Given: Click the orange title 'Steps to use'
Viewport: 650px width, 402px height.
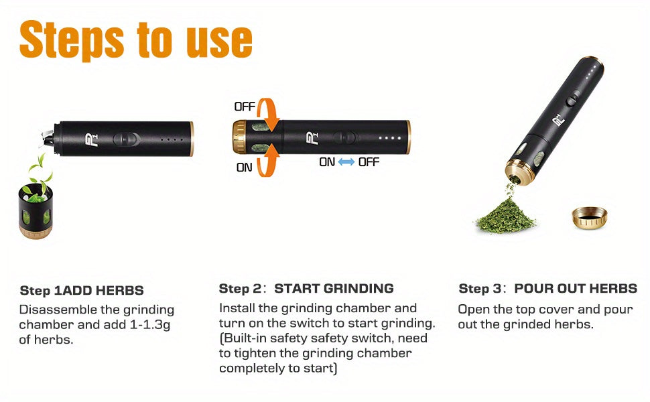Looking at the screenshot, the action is [x=135, y=40].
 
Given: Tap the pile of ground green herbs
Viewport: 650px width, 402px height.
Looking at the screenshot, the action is [x=505, y=216].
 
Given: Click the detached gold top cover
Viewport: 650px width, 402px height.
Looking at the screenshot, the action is [x=590, y=218].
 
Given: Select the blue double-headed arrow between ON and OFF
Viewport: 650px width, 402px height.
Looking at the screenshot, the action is [x=346, y=162].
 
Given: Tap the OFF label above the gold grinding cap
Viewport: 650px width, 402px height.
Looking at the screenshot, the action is [x=245, y=107].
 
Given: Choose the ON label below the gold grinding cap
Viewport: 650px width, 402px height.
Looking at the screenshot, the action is [x=244, y=167].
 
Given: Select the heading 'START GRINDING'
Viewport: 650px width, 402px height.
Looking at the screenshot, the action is [x=334, y=289].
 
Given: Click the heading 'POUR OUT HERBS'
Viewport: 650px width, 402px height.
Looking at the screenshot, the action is [x=576, y=289].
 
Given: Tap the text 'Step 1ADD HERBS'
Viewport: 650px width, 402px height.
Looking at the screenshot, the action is [x=82, y=290].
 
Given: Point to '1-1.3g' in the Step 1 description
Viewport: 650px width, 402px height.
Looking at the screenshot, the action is [x=149, y=324].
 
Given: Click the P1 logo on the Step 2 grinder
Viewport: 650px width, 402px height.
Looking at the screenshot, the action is [x=312, y=137].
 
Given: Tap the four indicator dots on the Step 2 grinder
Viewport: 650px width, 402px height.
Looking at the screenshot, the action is [x=390, y=138].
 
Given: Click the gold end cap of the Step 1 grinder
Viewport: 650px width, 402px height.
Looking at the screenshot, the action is [x=191, y=139].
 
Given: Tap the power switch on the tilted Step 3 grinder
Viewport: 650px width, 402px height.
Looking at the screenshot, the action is [x=573, y=99].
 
